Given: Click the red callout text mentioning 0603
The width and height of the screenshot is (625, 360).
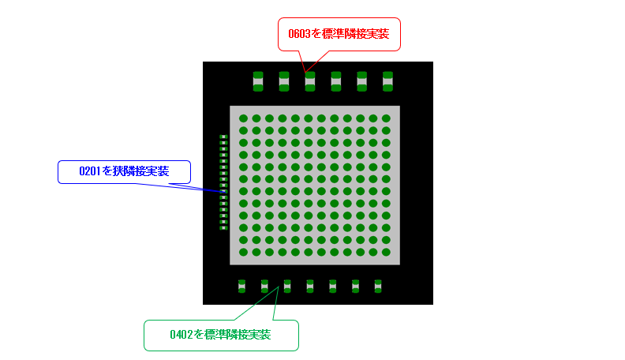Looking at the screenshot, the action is click(x=339, y=34).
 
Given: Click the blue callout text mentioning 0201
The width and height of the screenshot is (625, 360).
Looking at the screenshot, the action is click(x=124, y=171).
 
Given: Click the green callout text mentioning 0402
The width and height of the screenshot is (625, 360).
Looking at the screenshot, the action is click(x=220, y=335).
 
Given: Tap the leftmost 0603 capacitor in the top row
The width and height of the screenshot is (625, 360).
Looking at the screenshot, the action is click(x=258, y=81).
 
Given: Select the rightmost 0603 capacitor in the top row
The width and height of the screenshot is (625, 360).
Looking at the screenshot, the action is click(x=387, y=81).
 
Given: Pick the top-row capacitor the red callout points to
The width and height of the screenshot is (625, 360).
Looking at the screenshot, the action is click(x=310, y=81).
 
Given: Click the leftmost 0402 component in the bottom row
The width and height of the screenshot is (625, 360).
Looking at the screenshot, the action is click(x=242, y=286).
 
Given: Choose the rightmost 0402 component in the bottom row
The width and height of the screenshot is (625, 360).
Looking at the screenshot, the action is click(x=378, y=286).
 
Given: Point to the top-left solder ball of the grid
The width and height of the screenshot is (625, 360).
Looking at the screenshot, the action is click(x=243, y=118).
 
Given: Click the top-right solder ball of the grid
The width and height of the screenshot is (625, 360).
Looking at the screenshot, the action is click(x=386, y=118).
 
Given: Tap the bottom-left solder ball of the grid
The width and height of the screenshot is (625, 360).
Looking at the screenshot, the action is click(x=243, y=252).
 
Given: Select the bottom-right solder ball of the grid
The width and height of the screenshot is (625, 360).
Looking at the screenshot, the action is click(x=386, y=252).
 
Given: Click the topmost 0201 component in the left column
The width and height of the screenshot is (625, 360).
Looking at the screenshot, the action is click(x=223, y=137).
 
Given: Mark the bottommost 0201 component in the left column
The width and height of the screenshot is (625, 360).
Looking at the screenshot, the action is click(x=223, y=227).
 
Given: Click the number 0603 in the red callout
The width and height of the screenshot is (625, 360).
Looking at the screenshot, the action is click(x=299, y=34).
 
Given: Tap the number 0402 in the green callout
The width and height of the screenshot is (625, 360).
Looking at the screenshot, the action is click(x=181, y=335).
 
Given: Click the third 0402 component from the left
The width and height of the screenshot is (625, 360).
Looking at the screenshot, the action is click(x=287, y=286).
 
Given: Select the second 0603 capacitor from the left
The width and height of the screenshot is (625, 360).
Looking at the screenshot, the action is click(x=284, y=81).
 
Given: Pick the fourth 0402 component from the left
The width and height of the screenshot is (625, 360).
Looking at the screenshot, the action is click(x=310, y=286).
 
